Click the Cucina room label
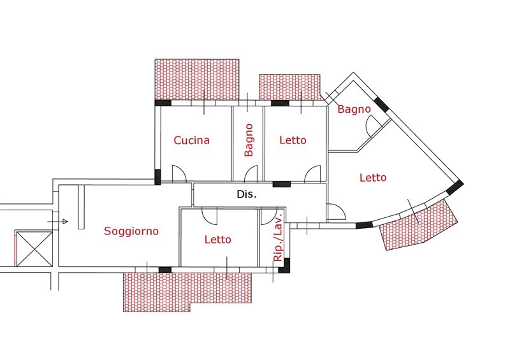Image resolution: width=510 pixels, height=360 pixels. coord(191,140)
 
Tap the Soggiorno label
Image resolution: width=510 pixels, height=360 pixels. coord(131,231)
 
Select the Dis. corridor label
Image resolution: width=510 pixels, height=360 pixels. coord(246,195)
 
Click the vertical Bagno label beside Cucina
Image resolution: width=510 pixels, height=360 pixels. coord(249,140)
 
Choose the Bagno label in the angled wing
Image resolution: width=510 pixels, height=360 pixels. coord(354,110)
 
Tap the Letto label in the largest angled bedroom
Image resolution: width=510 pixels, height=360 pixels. coord(373,178)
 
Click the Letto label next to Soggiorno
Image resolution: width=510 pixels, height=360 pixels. coord(218,240)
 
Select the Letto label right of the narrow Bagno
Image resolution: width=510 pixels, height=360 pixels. coord(293,140)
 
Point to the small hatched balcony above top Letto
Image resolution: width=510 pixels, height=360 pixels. coord(289,87)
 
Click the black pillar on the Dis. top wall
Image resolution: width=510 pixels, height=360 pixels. coord(281,184)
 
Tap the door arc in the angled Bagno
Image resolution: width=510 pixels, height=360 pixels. coord(370,127)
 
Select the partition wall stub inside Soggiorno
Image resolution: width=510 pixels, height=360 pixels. coord(81,206)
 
